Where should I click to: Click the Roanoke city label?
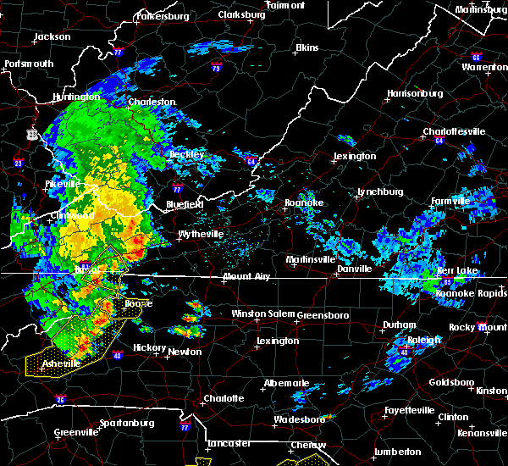click(303, 202)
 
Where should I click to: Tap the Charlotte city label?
click(224, 398)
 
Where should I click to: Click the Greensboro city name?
click(323, 314)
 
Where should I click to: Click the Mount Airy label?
click(247, 277)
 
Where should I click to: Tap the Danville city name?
click(354, 269)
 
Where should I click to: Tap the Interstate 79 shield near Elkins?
click(217, 69)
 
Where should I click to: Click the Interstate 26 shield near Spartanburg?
click(60, 399)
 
